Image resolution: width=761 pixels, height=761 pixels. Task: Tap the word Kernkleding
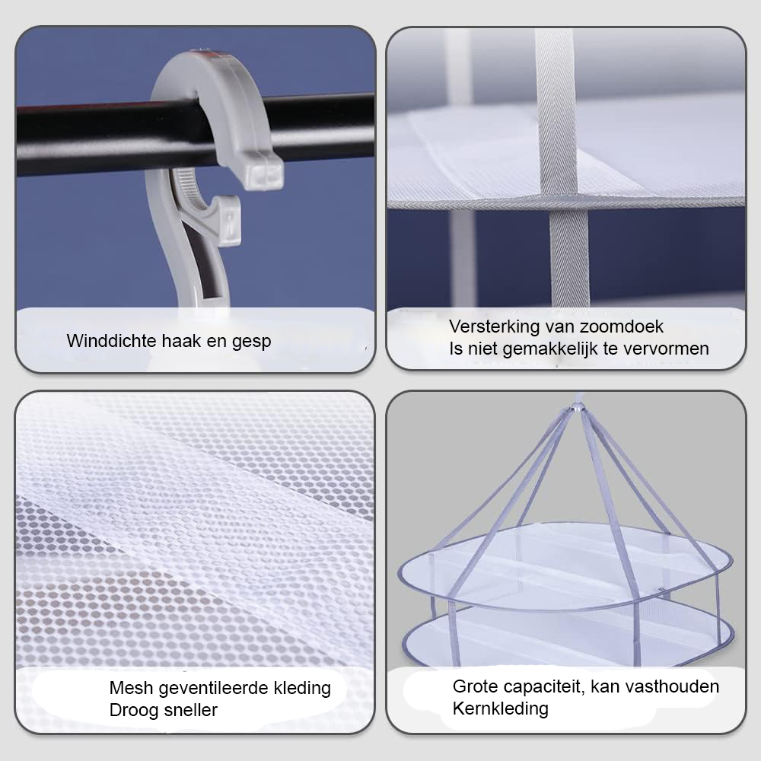pyautogui.click(x=501, y=709)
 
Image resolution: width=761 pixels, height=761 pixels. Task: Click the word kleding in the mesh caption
pyautogui.click(x=302, y=689)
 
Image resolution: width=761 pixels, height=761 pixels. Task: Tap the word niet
pyautogui.click(x=482, y=349)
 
